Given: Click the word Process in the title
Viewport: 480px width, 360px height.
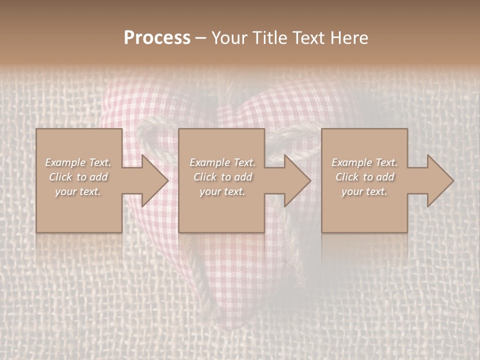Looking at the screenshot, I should point(157,38).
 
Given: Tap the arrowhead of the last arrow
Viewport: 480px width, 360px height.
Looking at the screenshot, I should point(439,180).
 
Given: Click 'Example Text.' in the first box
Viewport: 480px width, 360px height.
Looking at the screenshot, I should point(78,162).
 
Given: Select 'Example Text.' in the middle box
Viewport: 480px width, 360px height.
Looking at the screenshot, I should point(222,162).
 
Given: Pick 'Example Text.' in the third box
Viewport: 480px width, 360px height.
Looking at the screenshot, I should point(364,162).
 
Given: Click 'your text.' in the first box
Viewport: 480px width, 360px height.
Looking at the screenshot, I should point(78,191).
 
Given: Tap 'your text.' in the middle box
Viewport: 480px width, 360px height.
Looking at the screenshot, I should point(222,191).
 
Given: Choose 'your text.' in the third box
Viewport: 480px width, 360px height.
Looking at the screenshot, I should point(364,191).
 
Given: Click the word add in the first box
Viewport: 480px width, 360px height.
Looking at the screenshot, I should point(99,177).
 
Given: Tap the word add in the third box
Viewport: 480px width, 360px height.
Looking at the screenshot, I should point(385,177).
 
